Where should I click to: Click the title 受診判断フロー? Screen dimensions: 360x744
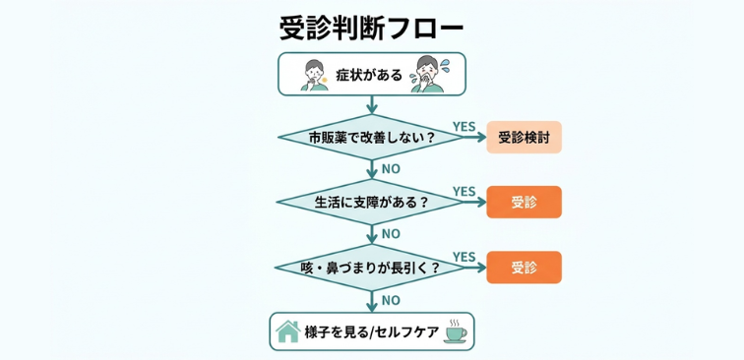[x=371, y=27]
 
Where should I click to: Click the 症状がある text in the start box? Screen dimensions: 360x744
[x=370, y=74]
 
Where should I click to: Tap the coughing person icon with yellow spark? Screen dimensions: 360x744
[x=313, y=74]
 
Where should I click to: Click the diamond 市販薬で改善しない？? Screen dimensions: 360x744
[x=371, y=138]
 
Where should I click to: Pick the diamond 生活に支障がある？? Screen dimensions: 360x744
[x=371, y=203]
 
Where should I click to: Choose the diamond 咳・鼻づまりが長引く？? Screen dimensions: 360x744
[x=371, y=268]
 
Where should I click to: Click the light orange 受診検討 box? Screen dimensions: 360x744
[x=524, y=138]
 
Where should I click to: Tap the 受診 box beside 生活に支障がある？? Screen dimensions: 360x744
[x=524, y=203]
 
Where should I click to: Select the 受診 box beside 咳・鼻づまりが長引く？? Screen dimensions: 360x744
[x=524, y=268]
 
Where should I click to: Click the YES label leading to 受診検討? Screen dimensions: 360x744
[x=464, y=126]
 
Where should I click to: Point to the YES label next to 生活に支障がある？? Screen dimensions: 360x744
[x=464, y=191]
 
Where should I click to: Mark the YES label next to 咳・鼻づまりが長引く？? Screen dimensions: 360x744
[x=464, y=256]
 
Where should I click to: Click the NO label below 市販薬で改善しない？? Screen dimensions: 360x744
[x=391, y=169]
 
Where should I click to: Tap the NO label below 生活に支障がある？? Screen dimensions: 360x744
[x=391, y=234]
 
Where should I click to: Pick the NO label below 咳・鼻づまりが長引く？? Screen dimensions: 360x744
[x=391, y=300]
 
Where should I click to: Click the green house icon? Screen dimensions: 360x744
[x=287, y=331]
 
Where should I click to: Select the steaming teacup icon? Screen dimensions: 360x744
[x=456, y=331]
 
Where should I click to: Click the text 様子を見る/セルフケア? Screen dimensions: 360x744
[x=371, y=332]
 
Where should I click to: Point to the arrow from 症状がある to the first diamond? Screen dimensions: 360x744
[x=371, y=105]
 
